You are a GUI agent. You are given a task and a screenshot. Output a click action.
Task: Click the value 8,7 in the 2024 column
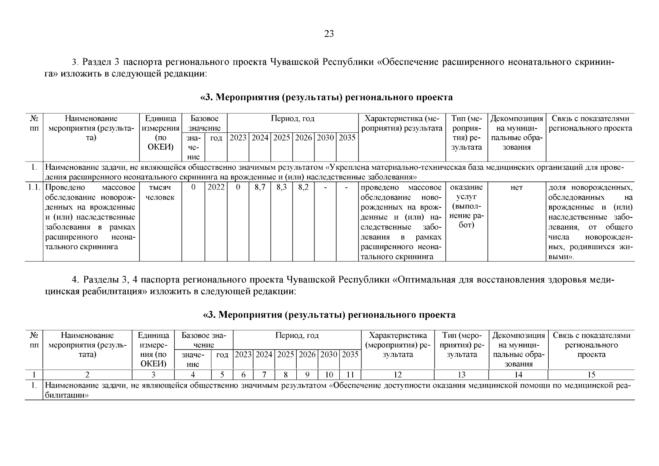click(259, 188)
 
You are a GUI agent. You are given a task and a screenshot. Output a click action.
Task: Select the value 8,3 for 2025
click(282, 188)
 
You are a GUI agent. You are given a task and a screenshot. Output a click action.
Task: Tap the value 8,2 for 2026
click(303, 188)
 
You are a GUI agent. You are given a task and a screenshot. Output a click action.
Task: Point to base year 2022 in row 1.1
click(216, 188)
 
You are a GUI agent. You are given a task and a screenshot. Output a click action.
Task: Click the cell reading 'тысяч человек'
click(160, 192)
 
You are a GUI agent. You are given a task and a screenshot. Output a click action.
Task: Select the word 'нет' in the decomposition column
click(516, 188)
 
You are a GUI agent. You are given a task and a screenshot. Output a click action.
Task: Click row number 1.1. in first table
click(34, 188)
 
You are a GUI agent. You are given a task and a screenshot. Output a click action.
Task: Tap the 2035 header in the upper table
click(347, 138)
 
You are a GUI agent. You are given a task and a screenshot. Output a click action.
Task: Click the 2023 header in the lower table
click(243, 355)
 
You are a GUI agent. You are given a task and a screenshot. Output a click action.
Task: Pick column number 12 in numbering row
click(397, 375)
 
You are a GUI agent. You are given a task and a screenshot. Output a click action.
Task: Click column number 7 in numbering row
click(264, 375)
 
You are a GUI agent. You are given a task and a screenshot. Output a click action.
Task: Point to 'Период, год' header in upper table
click(292, 119)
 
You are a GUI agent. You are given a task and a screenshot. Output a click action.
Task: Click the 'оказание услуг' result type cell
click(466, 192)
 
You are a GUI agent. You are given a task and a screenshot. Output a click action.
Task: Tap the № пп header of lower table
click(34, 340)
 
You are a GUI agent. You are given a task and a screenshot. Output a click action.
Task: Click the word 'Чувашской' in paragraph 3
click(294, 62)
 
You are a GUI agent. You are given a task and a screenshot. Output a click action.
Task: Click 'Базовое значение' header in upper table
click(204, 123)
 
